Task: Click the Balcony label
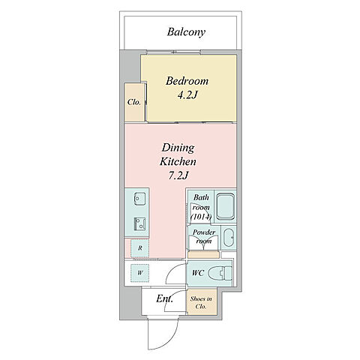point(186,32)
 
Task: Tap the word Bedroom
point(187,81)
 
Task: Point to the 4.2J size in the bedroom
point(187,95)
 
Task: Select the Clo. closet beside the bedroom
point(134,103)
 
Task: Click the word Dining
point(178,148)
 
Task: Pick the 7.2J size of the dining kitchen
point(178,175)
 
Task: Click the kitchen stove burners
point(139,223)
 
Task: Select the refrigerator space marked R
point(140,248)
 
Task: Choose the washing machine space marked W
point(140,273)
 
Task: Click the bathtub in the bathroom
point(225,207)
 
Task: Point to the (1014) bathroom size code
point(201,217)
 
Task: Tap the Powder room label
point(204,237)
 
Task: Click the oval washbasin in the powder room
point(229,237)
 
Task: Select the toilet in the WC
point(220,273)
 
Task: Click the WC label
point(198,273)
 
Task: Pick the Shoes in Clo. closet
point(202,302)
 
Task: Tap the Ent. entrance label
point(164,298)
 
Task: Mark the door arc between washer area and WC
point(172,270)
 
